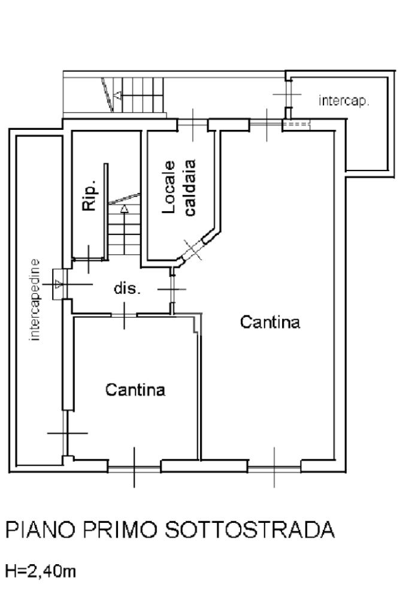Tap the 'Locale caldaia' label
coord(179,187)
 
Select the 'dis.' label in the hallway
coord(127,288)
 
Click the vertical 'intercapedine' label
coord(35,300)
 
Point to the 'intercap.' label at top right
coord(344,101)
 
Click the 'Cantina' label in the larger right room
coord(270,322)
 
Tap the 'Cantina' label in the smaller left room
coord(135,389)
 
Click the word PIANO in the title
coord(40,529)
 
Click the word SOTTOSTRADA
coord(249,529)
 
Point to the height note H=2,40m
coord(40,572)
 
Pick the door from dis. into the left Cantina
coord(124,315)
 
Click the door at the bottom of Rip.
coord(89,259)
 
